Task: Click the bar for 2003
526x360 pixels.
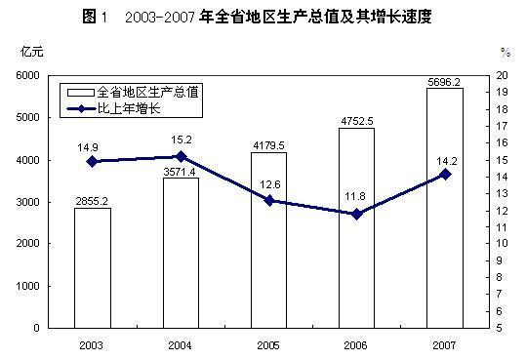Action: [x=93, y=268]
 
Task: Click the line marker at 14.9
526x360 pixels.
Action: [x=93, y=161]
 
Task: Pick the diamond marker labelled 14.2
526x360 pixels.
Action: [x=445, y=174]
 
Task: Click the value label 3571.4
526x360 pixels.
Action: [x=181, y=171]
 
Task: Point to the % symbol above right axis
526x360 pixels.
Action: [x=505, y=51]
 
